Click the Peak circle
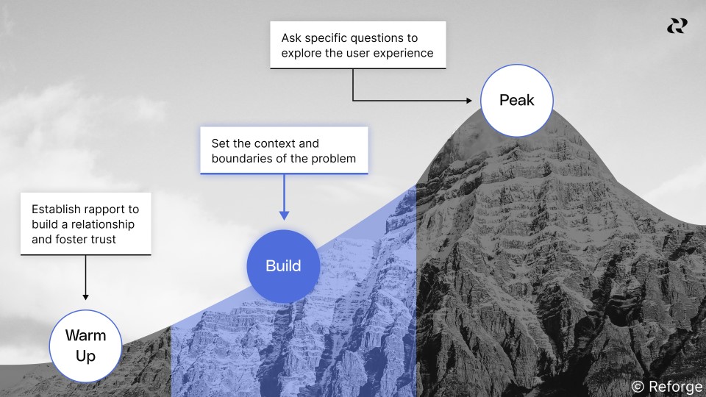[516, 100]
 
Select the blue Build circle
[283, 265]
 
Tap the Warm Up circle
[85, 346]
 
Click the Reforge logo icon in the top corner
[677, 26]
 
